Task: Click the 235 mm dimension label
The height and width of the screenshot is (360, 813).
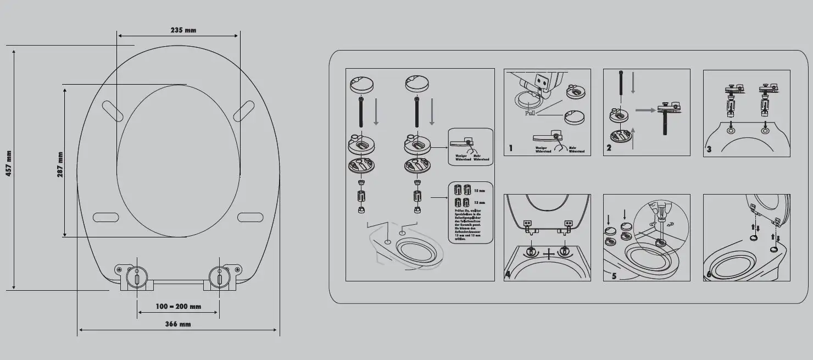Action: pyautogui.click(x=183, y=30)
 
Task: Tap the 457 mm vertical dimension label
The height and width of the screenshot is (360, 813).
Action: pyautogui.click(x=9, y=163)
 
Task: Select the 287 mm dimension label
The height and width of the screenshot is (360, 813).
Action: pyautogui.click(x=60, y=164)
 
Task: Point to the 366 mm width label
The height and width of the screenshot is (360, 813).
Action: pyautogui.click(x=178, y=324)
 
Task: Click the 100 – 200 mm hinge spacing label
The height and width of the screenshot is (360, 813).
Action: pyautogui.click(x=178, y=306)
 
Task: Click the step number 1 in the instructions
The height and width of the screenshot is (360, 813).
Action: pyautogui.click(x=511, y=148)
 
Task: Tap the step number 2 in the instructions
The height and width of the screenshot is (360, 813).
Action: pyautogui.click(x=609, y=148)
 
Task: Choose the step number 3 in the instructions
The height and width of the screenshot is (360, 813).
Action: pyautogui.click(x=709, y=149)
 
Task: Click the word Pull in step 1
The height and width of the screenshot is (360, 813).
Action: pyautogui.click(x=530, y=113)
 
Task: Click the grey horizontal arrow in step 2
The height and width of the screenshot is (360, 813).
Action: pyautogui.click(x=644, y=111)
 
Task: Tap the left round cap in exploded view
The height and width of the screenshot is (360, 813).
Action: pyautogui.click(x=361, y=85)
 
